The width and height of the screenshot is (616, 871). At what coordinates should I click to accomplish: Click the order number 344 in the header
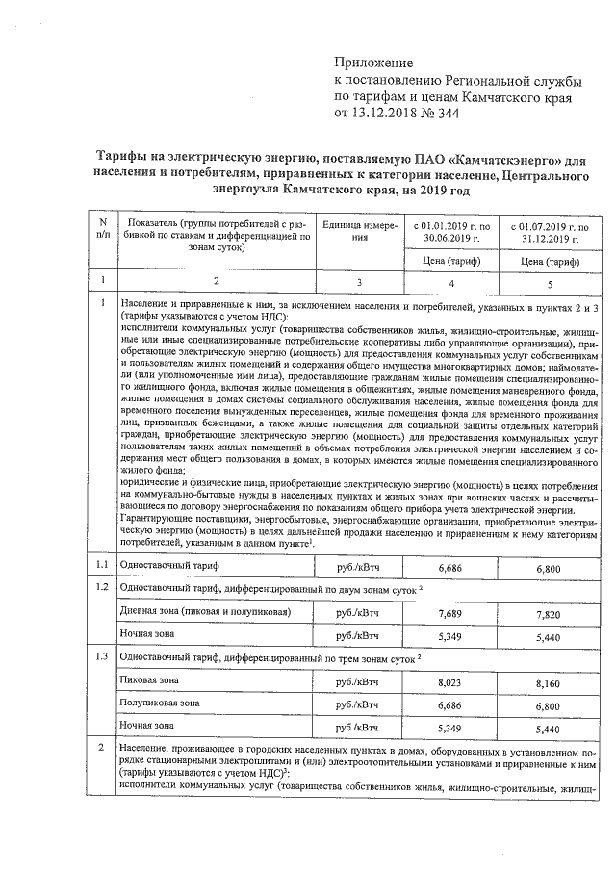pos(445,113)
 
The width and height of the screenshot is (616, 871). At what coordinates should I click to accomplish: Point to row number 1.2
pos(101,586)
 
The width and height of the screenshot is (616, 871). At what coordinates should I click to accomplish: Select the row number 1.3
pos(101,655)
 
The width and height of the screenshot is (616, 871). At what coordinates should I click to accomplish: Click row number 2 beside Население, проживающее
pos(101,748)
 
